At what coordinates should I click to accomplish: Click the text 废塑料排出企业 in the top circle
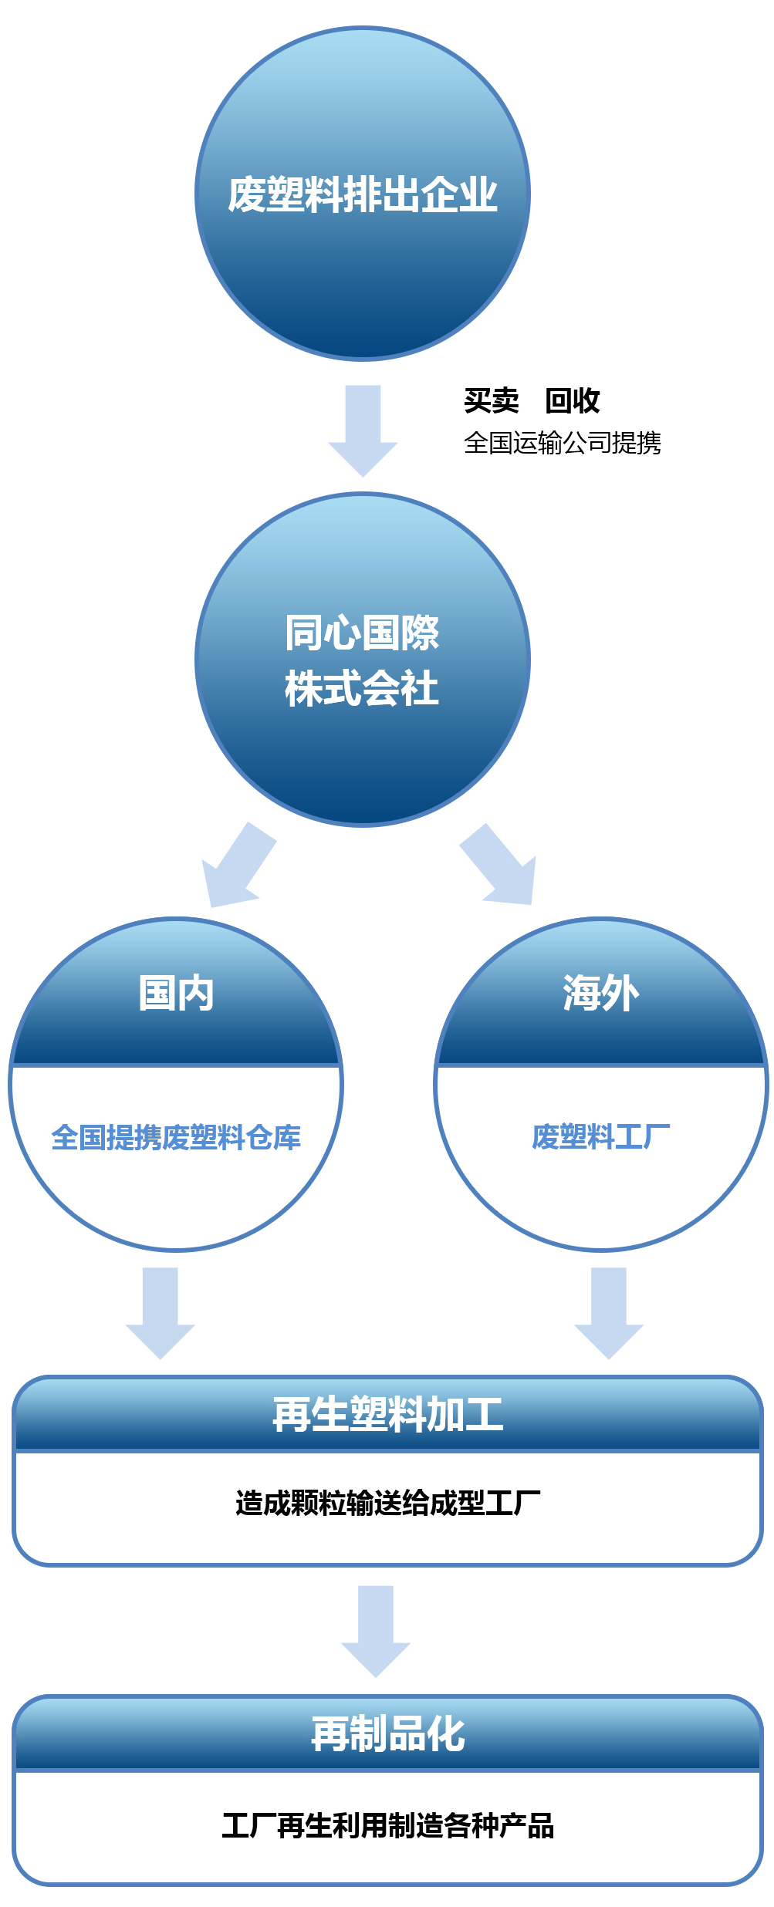363,194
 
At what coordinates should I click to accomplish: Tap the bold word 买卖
492,400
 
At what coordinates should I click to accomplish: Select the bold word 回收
573,400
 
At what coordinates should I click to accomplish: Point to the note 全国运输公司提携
563,443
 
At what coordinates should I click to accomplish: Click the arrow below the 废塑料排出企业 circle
363,430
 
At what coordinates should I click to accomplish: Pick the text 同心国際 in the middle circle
362,633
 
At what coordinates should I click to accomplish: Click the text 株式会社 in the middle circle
362,688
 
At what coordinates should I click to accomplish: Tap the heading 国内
176,993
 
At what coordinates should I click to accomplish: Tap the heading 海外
601,993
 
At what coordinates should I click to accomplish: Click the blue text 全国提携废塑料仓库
176,1138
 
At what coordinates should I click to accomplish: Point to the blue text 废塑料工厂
601,1137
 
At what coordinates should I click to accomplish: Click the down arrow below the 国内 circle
161,1313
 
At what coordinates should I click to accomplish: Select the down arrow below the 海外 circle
609,1313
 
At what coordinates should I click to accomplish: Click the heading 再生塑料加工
388,1414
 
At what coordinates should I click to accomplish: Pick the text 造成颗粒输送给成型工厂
388,1503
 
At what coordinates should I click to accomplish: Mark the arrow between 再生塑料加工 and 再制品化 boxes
376,1632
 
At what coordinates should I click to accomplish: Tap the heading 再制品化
388,1733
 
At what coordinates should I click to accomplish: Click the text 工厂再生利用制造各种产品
388,1825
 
